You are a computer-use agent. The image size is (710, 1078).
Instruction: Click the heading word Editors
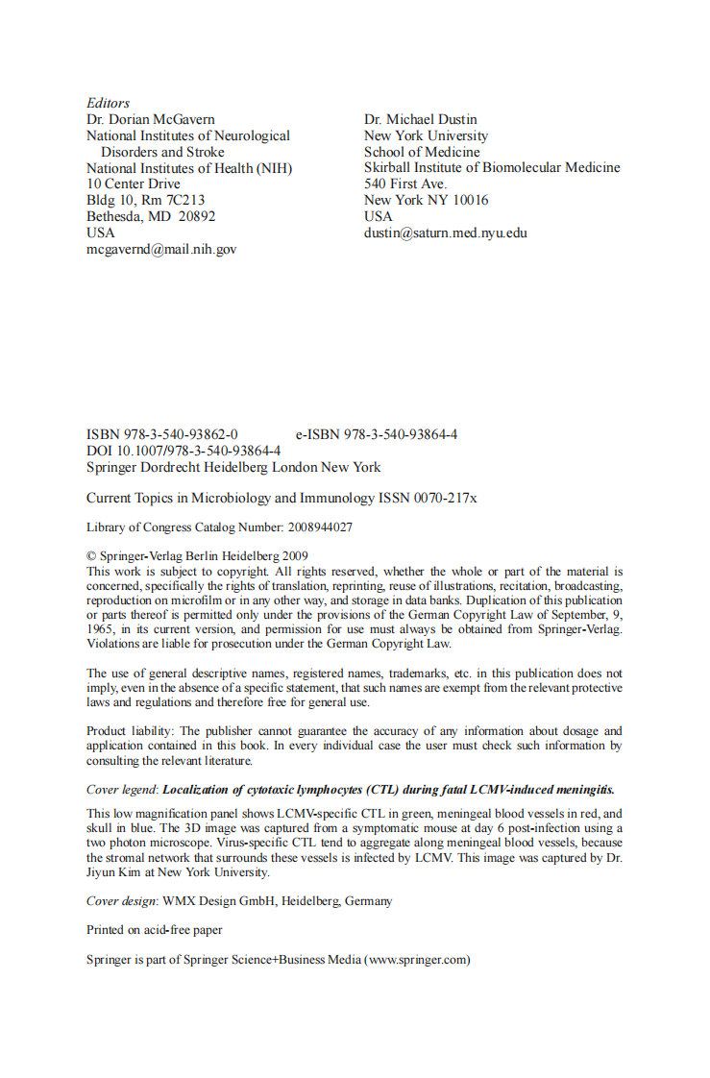pyautogui.click(x=108, y=103)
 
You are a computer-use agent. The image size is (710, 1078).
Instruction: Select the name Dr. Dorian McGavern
pyautogui.click(x=150, y=119)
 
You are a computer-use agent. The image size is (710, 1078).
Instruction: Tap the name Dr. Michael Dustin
pyautogui.click(x=421, y=119)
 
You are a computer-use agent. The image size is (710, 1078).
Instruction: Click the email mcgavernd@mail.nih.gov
pyautogui.click(x=161, y=249)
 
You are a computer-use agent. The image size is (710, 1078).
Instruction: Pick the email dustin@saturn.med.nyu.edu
pyautogui.click(x=446, y=233)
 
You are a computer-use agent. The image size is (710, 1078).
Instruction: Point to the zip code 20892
pyautogui.click(x=197, y=216)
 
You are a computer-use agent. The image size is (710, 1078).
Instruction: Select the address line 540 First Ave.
pyautogui.click(x=405, y=184)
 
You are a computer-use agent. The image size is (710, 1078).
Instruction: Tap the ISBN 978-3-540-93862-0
pyautogui.click(x=179, y=434)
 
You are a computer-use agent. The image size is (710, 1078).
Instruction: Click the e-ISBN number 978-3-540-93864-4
pyautogui.click(x=401, y=434)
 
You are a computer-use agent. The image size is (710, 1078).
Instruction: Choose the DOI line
pyautogui.click(x=184, y=451)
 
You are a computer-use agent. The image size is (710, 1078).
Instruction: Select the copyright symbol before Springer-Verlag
pyautogui.click(x=91, y=556)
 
